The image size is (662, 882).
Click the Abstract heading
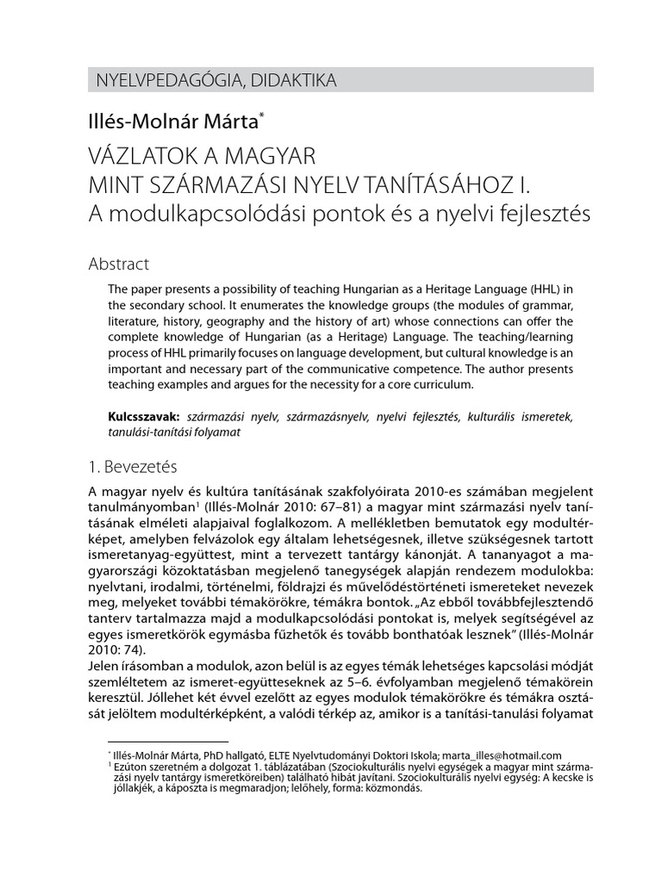(x=119, y=264)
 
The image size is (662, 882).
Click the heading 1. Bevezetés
(x=133, y=468)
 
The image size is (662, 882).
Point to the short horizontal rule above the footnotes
(x=167, y=742)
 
